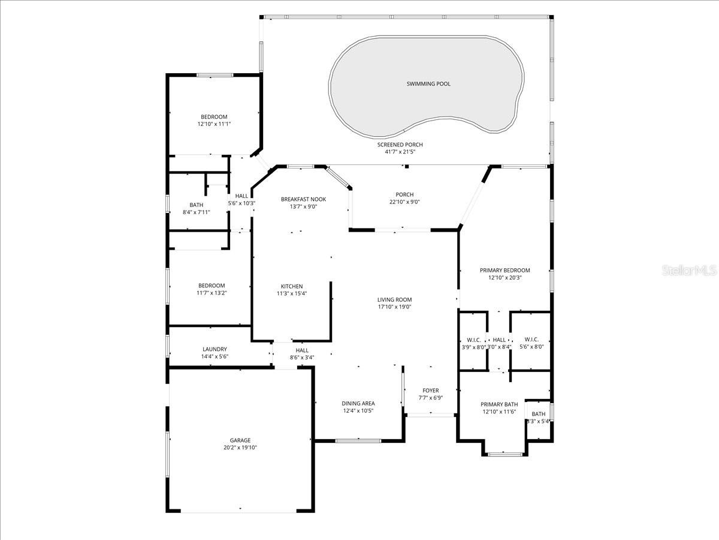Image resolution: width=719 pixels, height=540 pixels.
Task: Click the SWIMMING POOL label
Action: pyautogui.click(x=428, y=83)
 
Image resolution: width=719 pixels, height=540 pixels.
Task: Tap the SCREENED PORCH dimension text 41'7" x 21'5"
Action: pyautogui.click(x=400, y=152)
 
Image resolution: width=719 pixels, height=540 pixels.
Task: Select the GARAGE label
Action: pyautogui.click(x=240, y=440)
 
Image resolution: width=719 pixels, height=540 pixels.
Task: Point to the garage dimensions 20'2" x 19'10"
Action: pyautogui.click(x=240, y=448)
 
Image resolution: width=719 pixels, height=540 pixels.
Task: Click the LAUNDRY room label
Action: pyautogui.click(x=215, y=349)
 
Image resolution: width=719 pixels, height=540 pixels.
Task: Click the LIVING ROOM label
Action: pyautogui.click(x=394, y=299)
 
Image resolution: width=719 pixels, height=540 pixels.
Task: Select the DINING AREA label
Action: pyautogui.click(x=359, y=403)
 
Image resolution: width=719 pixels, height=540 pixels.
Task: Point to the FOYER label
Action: pyautogui.click(x=430, y=391)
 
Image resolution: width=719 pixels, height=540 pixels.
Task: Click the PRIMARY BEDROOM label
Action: pyautogui.click(x=504, y=270)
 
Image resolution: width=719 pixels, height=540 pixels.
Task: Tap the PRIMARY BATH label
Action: pyautogui.click(x=499, y=404)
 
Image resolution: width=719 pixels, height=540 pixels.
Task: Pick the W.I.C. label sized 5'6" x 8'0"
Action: pyautogui.click(x=531, y=340)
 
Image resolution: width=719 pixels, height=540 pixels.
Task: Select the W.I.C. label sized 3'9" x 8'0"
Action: pyautogui.click(x=473, y=340)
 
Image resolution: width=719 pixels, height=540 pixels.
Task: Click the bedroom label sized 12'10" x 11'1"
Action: pyautogui.click(x=214, y=116)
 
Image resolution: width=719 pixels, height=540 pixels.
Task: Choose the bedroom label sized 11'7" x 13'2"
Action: pyautogui.click(x=212, y=286)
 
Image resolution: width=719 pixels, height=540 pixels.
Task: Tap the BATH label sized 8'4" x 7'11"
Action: pyautogui.click(x=196, y=205)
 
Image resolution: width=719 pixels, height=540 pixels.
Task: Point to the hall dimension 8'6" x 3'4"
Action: pyautogui.click(x=302, y=358)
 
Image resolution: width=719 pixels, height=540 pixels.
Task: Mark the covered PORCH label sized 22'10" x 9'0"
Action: pyautogui.click(x=404, y=194)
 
